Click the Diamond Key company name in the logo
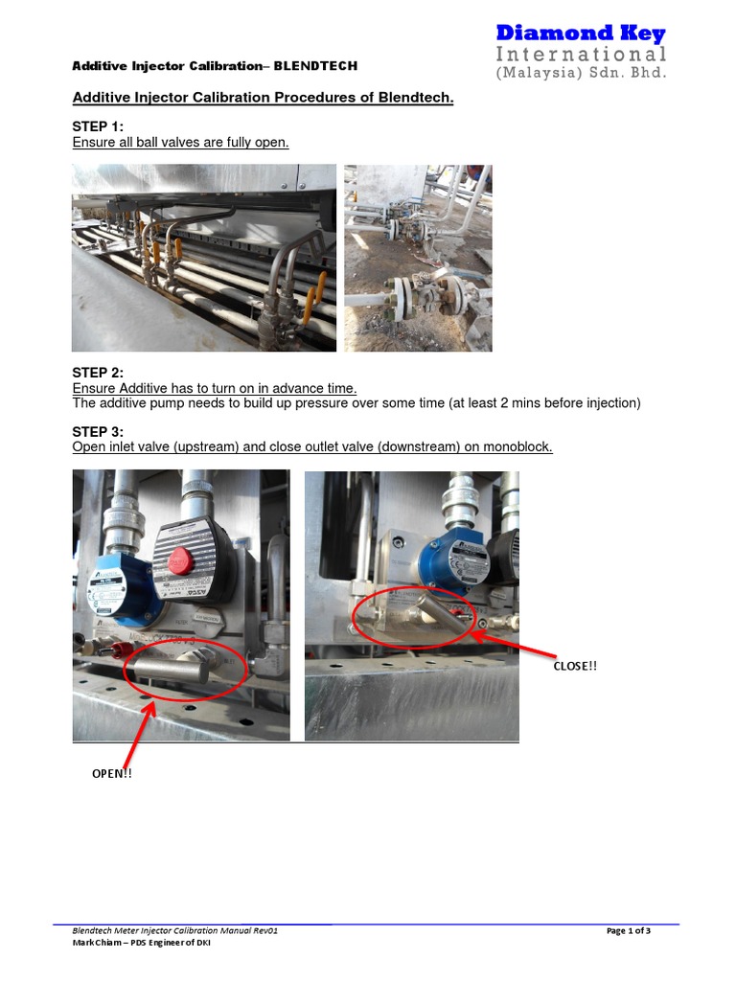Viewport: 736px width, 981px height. point(581,34)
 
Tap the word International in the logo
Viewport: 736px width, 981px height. point(581,54)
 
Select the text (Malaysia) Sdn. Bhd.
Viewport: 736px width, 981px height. point(581,73)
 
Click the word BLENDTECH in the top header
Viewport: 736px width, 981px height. point(315,66)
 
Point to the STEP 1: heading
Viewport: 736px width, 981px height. point(98,126)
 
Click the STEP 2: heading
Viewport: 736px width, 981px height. point(98,373)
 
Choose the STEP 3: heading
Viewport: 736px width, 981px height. point(98,432)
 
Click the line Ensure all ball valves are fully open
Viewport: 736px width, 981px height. point(180,143)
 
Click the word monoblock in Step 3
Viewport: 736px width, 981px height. point(518,447)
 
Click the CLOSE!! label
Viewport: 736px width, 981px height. point(575,666)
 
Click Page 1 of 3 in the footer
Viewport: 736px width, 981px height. point(629,931)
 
